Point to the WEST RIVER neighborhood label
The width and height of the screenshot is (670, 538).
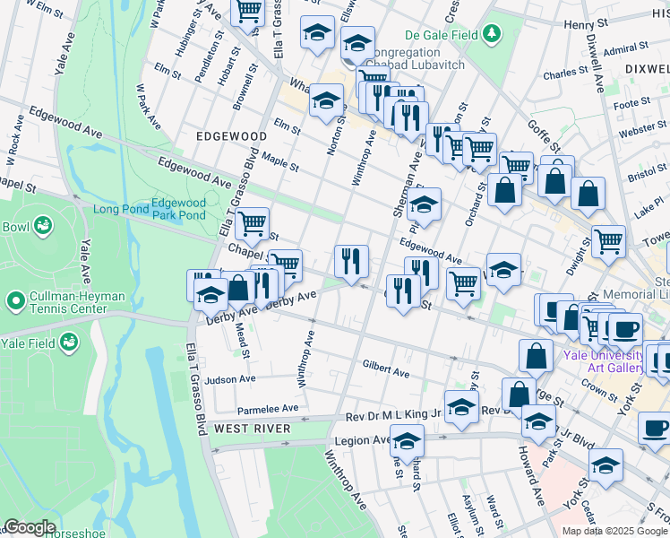coord(252,429)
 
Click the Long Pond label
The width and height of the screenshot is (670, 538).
coord(119,210)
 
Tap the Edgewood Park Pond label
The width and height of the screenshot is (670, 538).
coord(178,209)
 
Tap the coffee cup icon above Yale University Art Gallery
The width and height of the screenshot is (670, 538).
coord(624,330)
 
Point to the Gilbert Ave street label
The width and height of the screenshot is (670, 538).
coord(385,369)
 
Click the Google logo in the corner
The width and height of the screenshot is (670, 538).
coord(30,527)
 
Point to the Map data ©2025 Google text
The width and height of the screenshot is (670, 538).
coord(613,531)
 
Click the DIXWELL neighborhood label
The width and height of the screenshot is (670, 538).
coord(649,67)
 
